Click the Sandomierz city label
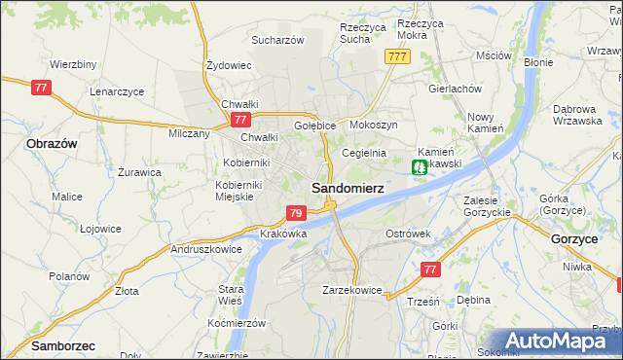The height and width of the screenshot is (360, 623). coord(346,186)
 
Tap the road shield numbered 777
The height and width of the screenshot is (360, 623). coord(396,57)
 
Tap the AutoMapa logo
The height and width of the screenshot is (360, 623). coord(562,341)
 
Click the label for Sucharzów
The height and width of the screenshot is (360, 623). coord(278,40)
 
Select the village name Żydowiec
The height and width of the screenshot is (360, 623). coord(229,65)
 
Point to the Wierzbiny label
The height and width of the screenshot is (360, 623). coord(72,64)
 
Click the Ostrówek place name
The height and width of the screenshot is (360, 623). coord(407,234)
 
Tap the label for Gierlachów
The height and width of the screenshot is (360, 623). coord(456,88)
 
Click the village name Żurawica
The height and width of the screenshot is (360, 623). coord(139,172)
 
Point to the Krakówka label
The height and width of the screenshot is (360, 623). coord(284,234)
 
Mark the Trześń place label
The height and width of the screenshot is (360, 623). coord(423,302)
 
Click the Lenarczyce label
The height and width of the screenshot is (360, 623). coord(117,90)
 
